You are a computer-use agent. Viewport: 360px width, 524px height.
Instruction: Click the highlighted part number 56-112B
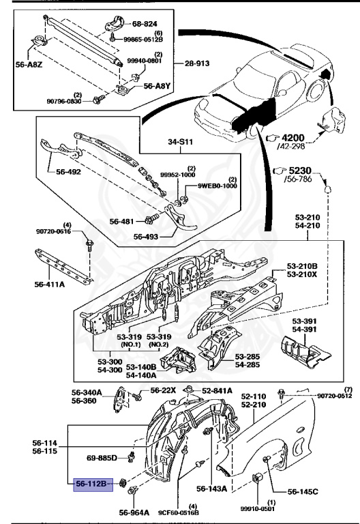[x=91, y=484]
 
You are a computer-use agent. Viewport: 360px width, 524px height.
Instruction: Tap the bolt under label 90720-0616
[x=89, y=244]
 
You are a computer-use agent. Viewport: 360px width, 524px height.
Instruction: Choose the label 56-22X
[x=163, y=390]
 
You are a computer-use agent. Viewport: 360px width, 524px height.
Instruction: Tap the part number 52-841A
[x=216, y=390]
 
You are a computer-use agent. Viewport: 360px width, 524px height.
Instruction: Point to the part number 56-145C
[x=303, y=491]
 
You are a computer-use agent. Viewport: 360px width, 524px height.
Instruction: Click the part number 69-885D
[x=102, y=457]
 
